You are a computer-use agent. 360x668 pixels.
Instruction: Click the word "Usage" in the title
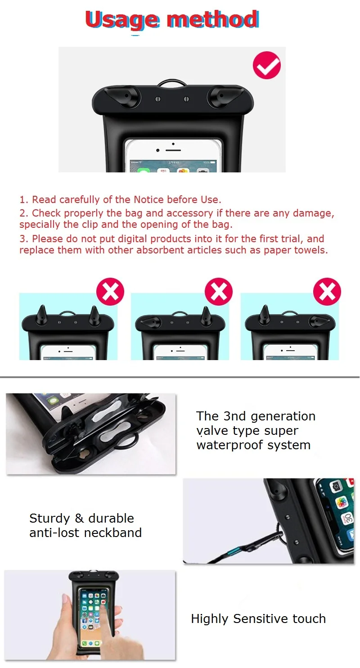pyautogui.click(x=122, y=20)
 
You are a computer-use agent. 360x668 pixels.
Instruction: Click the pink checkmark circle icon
pyautogui.click(x=267, y=65)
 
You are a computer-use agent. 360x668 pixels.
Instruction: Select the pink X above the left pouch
pyautogui.click(x=110, y=291)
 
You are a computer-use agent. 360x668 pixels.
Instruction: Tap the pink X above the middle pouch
pyautogui.click(x=219, y=291)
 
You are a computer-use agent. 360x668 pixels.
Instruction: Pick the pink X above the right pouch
pyautogui.click(x=327, y=291)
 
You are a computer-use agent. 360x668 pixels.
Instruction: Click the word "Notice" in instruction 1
pyautogui.click(x=148, y=199)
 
